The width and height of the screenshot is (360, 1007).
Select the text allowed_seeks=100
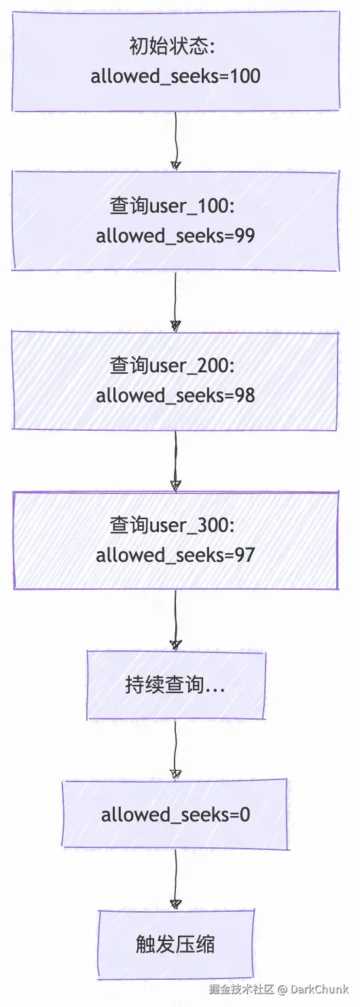[175, 75]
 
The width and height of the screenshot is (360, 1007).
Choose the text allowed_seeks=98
[175, 395]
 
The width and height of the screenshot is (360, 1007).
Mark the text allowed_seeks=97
[175, 554]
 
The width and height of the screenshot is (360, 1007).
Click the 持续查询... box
[175, 685]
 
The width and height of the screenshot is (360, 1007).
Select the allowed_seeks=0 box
[175, 814]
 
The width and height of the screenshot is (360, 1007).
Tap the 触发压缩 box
[175, 944]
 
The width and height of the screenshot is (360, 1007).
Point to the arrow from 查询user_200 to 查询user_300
[176, 460]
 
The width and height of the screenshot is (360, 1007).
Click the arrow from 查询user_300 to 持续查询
[176, 619]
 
